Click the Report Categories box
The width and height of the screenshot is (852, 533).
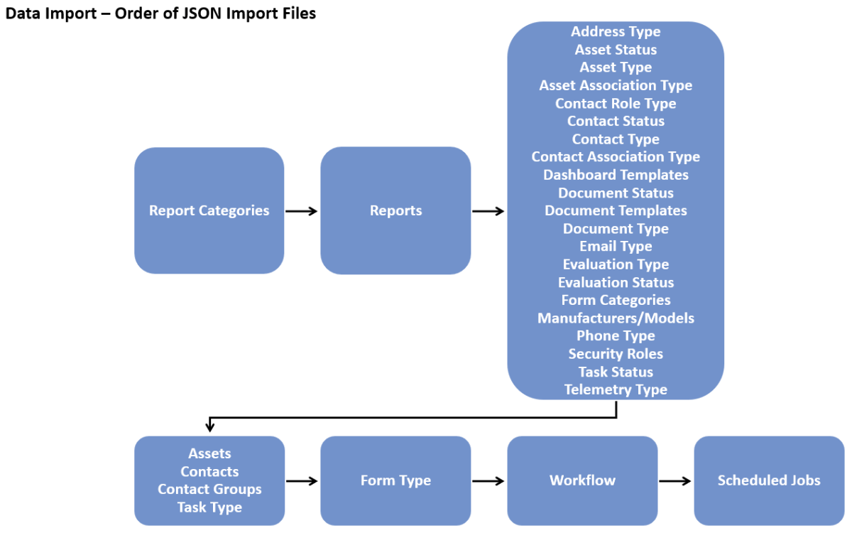[x=209, y=210]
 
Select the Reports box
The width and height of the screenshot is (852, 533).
[x=395, y=210]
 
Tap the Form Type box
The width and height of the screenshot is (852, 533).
[x=395, y=480]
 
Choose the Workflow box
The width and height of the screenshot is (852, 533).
[x=582, y=480]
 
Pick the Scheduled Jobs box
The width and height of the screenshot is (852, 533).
[x=769, y=480]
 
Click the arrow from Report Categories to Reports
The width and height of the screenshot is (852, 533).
[x=302, y=211]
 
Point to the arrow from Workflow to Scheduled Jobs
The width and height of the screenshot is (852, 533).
[x=675, y=481]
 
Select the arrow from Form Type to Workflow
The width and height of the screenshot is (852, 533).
[x=488, y=481]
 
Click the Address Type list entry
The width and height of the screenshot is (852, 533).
[x=616, y=31]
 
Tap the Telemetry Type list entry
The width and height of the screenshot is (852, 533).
[x=616, y=389]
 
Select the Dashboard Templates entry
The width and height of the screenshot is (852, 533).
[x=616, y=175]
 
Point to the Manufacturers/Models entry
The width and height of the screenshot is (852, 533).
[x=616, y=318]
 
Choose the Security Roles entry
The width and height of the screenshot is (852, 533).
[x=616, y=354]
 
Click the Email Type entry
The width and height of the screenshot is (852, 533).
[x=616, y=246]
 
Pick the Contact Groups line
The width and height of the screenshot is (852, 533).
[x=209, y=490]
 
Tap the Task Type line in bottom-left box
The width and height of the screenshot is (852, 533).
[x=209, y=507]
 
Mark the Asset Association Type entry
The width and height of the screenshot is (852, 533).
[x=616, y=85]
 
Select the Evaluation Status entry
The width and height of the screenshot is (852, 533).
[x=616, y=282]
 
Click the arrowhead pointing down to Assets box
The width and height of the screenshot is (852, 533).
[x=209, y=428]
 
